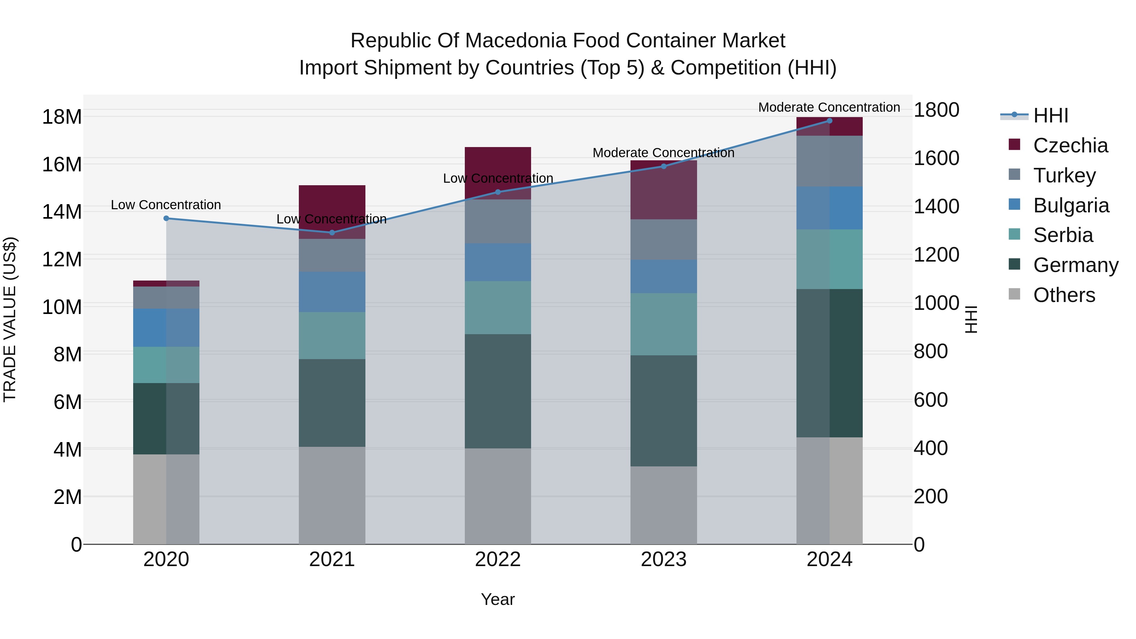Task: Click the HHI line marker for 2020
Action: tap(166, 218)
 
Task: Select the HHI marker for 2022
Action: tap(498, 192)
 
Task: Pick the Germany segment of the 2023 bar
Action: tap(663, 411)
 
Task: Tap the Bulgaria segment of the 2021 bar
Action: tap(332, 292)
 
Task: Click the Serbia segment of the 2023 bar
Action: tap(663, 324)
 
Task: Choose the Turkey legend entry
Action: tap(1064, 175)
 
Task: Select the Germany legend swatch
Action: tap(1014, 265)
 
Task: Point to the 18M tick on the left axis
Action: tap(62, 117)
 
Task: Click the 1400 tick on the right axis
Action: tap(936, 206)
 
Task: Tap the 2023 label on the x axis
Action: tap(663, 559)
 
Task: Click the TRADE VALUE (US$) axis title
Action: tap(10, 319)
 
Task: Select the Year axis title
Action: tap(498, 599)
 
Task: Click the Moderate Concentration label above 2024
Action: tap(829, 107)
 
